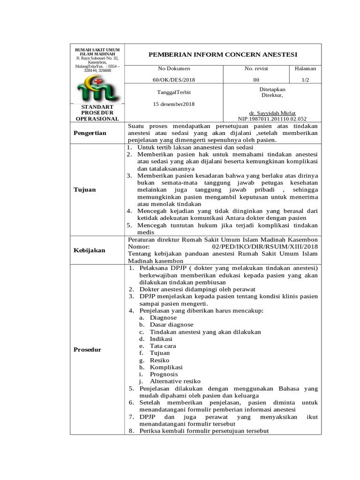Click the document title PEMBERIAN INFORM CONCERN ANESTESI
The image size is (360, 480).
tap(223, 54)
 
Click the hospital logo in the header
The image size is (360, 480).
tap(97, 89)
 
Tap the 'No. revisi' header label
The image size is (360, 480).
tap(256, 68)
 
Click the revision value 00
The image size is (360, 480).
tap(256, 80)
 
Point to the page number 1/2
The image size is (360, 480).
tap(305, 80)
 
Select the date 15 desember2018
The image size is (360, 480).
tap(174, 104)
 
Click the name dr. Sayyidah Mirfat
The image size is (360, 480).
tap(272, 113)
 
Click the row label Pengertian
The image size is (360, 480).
tap(90, 133)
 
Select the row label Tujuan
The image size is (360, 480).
tap(84, 189)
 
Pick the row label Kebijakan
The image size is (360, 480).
tap(90, 250)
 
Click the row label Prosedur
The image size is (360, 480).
tap(87, 350)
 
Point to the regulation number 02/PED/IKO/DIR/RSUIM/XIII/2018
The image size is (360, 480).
tap(265, 247)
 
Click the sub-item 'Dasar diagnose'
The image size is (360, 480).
tap(171, 324)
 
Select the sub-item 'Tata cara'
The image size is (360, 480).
tap(163, 345)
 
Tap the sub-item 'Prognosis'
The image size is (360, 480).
tap(164, 374)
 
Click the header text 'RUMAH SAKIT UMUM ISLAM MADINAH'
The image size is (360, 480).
tap(97, 52)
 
